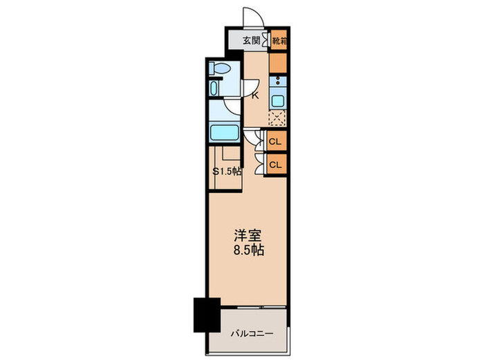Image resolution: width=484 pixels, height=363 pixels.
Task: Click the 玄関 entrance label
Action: pyautogui.click(x=250, y=41)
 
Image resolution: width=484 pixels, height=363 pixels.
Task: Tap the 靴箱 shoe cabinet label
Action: pyautogui.click(x=279, y=41)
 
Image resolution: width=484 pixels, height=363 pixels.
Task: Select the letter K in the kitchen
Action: pyautogui.click(x=254, y=95)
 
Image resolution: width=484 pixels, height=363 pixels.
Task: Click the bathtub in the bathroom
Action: pyautogui.click(x=224, y=132)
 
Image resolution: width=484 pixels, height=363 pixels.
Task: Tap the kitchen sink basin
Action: pyautogui.click(x=278, y=100)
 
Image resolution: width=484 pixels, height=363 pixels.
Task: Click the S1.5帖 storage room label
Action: pyautogui.click(x=227, y=171)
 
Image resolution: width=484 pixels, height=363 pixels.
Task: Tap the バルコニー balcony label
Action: pyautogui.click(x=252, y=333)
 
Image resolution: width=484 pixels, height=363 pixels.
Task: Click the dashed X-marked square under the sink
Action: pyautogui.click(x=278, y=119)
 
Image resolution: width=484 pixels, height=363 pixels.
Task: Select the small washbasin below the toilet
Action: pyautogui.click(x=214, y=89)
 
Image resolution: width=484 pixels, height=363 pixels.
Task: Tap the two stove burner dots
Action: pyautogui.click(x=278, y=81)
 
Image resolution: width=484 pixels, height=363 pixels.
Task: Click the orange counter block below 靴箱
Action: pyautogui.click(x=278, y=62)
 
